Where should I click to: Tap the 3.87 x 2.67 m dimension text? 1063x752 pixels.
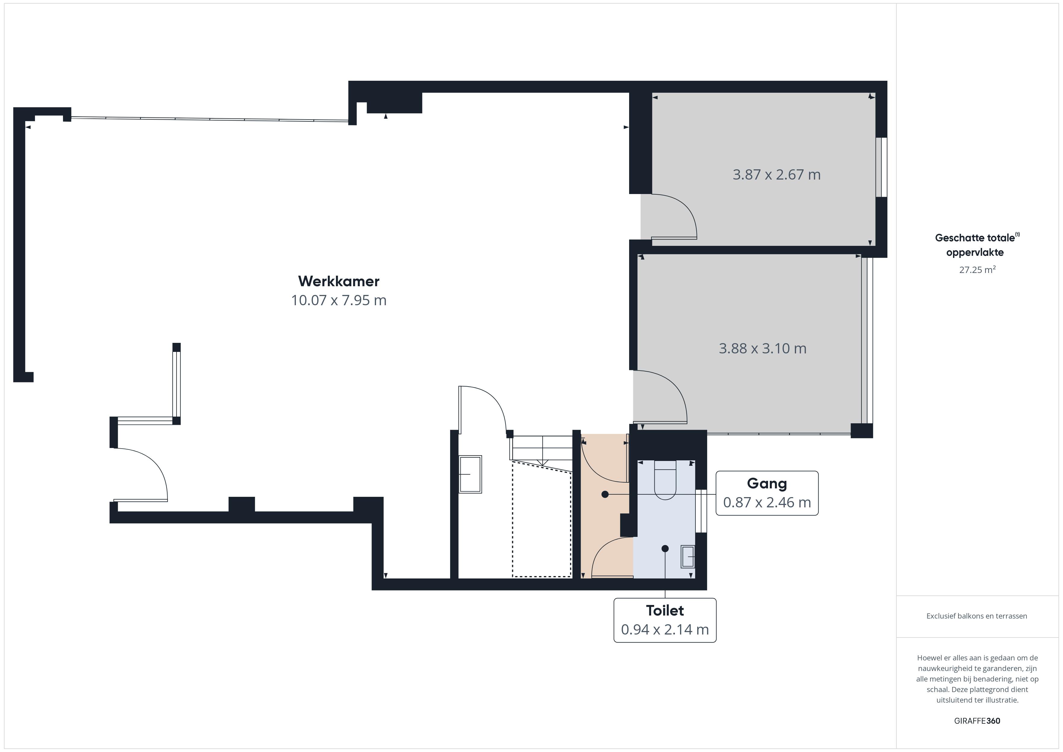tap(776, 174)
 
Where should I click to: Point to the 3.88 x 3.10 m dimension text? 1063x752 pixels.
tap(763, 348)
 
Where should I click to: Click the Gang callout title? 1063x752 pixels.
tap(767, 484)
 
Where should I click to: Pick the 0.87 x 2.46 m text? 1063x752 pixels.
tap(767, 503)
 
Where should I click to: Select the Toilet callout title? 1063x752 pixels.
tap(665, 610)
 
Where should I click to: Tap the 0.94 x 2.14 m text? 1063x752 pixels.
tap(665, 629)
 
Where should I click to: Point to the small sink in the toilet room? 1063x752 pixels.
tap(688, 556)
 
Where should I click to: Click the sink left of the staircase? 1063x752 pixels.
tap(470, 474)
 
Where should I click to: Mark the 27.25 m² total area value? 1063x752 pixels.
tap(977, 270)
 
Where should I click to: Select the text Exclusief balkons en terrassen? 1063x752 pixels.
tap(977, 616)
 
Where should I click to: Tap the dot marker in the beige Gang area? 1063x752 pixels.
tap(605, 494)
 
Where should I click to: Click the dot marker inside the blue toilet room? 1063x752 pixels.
tap(665, 549)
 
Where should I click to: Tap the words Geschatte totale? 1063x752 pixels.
tap(975, 238)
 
